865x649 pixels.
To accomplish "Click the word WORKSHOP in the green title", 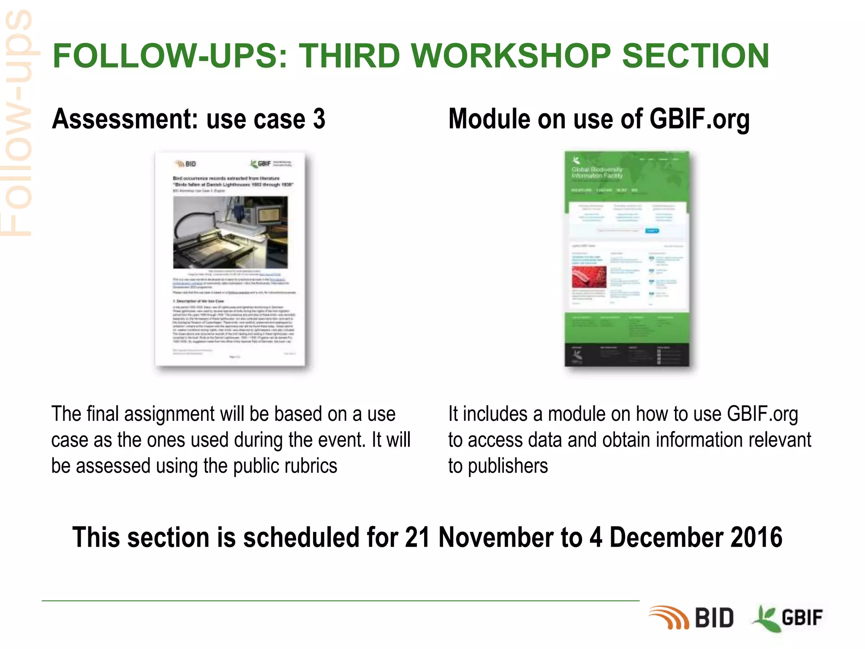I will point(510,56).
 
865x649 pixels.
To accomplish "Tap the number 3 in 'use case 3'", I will point(319,119).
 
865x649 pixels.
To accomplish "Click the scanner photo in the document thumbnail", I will point(230,232).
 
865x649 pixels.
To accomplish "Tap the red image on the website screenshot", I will point(589,277).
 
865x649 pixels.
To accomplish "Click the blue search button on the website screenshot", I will point(652,231).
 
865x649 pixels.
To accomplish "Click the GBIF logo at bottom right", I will point(788,618).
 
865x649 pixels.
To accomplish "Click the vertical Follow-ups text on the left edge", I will point(17,123).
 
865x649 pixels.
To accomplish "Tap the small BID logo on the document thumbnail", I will point(186,164).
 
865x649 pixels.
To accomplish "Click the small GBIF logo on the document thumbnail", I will point(261,164).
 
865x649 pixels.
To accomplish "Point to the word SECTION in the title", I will point(695,56).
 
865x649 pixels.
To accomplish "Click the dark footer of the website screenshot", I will point(627,355).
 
